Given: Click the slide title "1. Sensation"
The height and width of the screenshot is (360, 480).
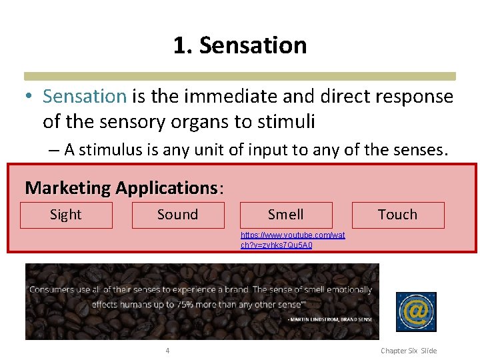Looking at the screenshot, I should [240, 45].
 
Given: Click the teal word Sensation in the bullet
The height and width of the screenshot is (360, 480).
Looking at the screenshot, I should [84, 97].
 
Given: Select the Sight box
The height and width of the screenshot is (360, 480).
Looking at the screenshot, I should [66, 215].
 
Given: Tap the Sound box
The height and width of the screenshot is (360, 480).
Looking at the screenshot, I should [177, 215].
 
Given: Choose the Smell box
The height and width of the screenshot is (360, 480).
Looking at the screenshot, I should [285, 215].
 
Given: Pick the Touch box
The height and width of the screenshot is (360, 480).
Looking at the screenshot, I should [397, 215].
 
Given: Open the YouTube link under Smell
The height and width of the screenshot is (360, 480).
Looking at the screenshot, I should [293, 240].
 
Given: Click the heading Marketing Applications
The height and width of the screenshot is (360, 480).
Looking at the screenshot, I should [121, 188].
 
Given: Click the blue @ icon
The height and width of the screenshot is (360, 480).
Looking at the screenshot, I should [416, 311].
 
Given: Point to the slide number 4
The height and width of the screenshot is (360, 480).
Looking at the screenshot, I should [167, 351].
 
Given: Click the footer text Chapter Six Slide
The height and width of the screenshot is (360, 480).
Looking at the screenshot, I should [408, 351].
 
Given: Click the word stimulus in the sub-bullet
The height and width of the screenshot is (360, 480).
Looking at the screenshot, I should [102, 150].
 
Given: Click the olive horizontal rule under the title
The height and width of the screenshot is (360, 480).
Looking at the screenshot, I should [240, 76].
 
